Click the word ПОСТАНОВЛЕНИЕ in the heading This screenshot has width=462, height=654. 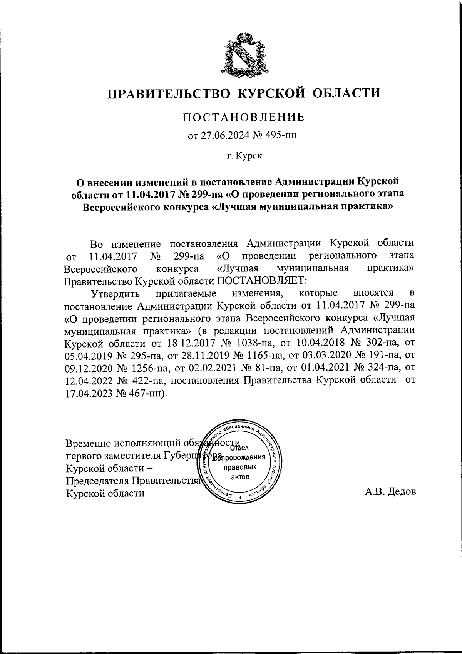coord(243,117)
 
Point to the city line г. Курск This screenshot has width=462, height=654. coord(243,156)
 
